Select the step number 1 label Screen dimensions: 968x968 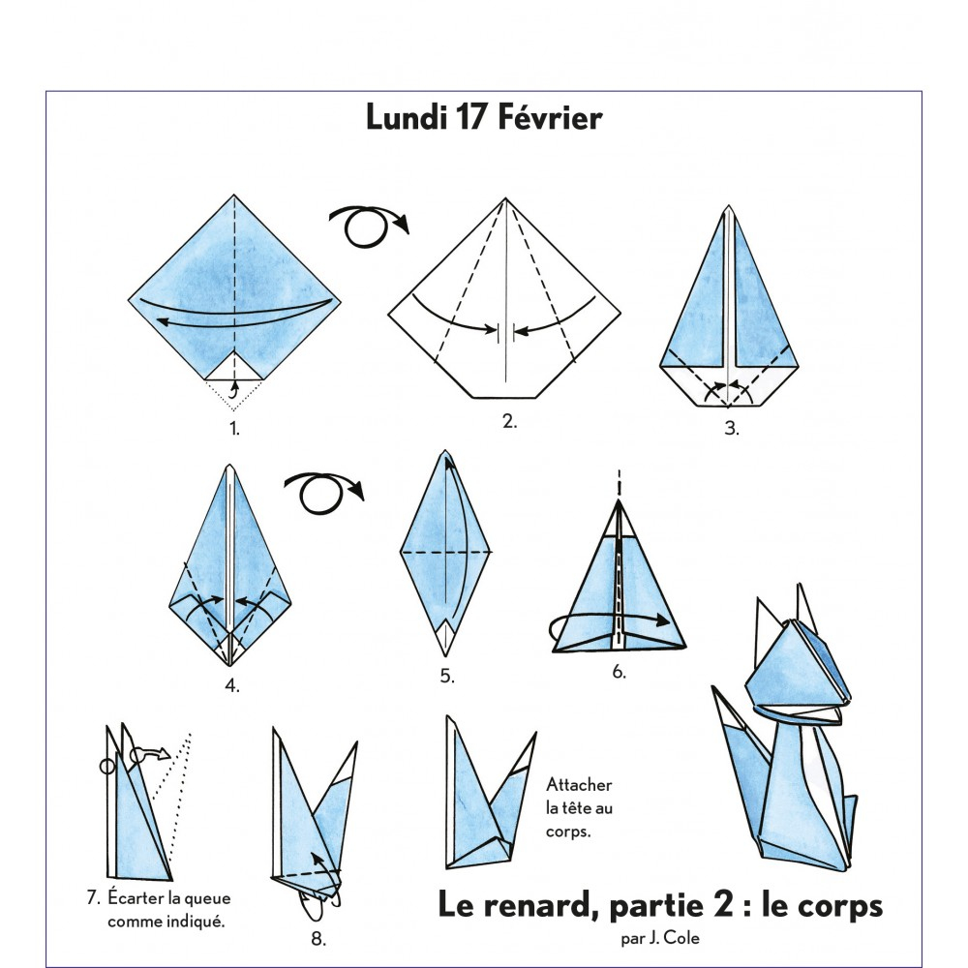click(x=233, y=427)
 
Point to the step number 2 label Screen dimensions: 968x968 click(x=509, y=421)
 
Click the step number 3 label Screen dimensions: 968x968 click(x=732, y=429)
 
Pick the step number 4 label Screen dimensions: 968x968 click(x=232, y=686)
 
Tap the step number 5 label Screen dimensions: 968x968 click(x=446, y=677)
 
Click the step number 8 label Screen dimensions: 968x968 click(x=318, y=938)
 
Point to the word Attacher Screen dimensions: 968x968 click(x=579, y=785)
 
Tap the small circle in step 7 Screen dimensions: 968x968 click(x=107, y=767)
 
